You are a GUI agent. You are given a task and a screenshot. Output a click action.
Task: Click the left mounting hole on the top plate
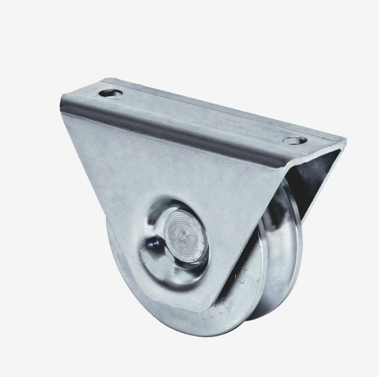(110, 93)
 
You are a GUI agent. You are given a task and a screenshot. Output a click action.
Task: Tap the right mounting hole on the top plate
(294, 139)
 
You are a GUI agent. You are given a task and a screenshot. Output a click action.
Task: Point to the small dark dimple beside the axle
(152, 246)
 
